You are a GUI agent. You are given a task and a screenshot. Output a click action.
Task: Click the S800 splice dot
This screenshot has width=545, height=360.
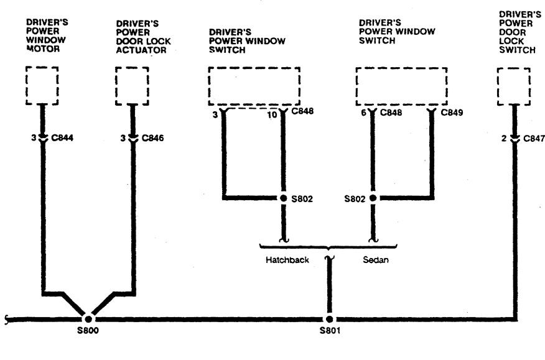pyautogui.click(x=88, y=318)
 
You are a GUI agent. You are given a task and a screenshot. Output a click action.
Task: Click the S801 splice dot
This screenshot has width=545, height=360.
pyautogui.click(x=328, y=318)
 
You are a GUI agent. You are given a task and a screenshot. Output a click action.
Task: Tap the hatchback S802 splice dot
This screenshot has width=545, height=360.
pyautogui.click(x=284, y=199)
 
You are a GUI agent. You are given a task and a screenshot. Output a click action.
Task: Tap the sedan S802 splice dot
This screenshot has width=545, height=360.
pyautogui.click(x=373, y=199)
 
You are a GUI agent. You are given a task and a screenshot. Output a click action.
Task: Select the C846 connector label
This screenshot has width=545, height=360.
pyautogui.click(x=153, y=139)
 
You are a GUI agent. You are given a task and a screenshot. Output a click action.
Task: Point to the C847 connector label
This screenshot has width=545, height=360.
pyautogui.click(x=534, y=139)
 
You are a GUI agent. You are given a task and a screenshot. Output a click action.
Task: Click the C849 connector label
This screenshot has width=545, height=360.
pyautogui.click(x=452, y=113)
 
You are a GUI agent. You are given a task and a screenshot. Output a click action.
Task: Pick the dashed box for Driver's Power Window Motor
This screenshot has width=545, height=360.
pyautogui.click(x=42, y=85)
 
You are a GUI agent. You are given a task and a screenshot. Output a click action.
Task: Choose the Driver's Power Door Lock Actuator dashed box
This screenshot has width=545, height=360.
pyautogui.click(x=132, y=85)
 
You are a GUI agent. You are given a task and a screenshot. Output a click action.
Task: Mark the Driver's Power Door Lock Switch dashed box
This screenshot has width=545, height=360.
pyautogui.click(x=514, y=85)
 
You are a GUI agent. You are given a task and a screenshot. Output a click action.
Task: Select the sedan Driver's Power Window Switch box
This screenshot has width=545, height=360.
pyautogui.click(x=402, y=86)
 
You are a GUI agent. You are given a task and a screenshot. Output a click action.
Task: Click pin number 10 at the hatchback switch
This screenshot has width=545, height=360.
pyautogui.click(x=272, y=113)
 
